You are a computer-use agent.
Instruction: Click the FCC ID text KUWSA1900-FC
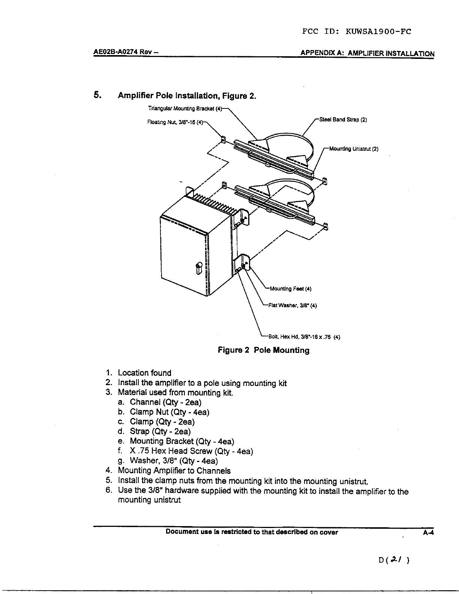click(x=378, y=31)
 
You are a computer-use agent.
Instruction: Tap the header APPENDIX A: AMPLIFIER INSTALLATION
click(x=367, y=54)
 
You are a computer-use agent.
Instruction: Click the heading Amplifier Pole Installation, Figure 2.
click(x=187, y=96)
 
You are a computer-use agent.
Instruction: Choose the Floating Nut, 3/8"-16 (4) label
click(x=175, y=122)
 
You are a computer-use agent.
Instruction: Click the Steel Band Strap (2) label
click(x=343, y=120)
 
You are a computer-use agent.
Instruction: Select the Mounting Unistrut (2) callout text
click(x=354, y=149)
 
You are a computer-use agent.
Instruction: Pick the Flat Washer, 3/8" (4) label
click(x=292, y=305)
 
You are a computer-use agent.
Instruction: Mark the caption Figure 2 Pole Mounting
click(x=264, y=350)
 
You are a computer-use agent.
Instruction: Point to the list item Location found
click(x=144, y=373)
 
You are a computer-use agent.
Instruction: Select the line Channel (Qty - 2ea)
click(x=165, y=402)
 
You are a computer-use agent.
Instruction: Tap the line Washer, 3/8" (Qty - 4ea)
click(x=174, y=460)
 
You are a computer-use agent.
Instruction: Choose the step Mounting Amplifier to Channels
click(x=174, y=471)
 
